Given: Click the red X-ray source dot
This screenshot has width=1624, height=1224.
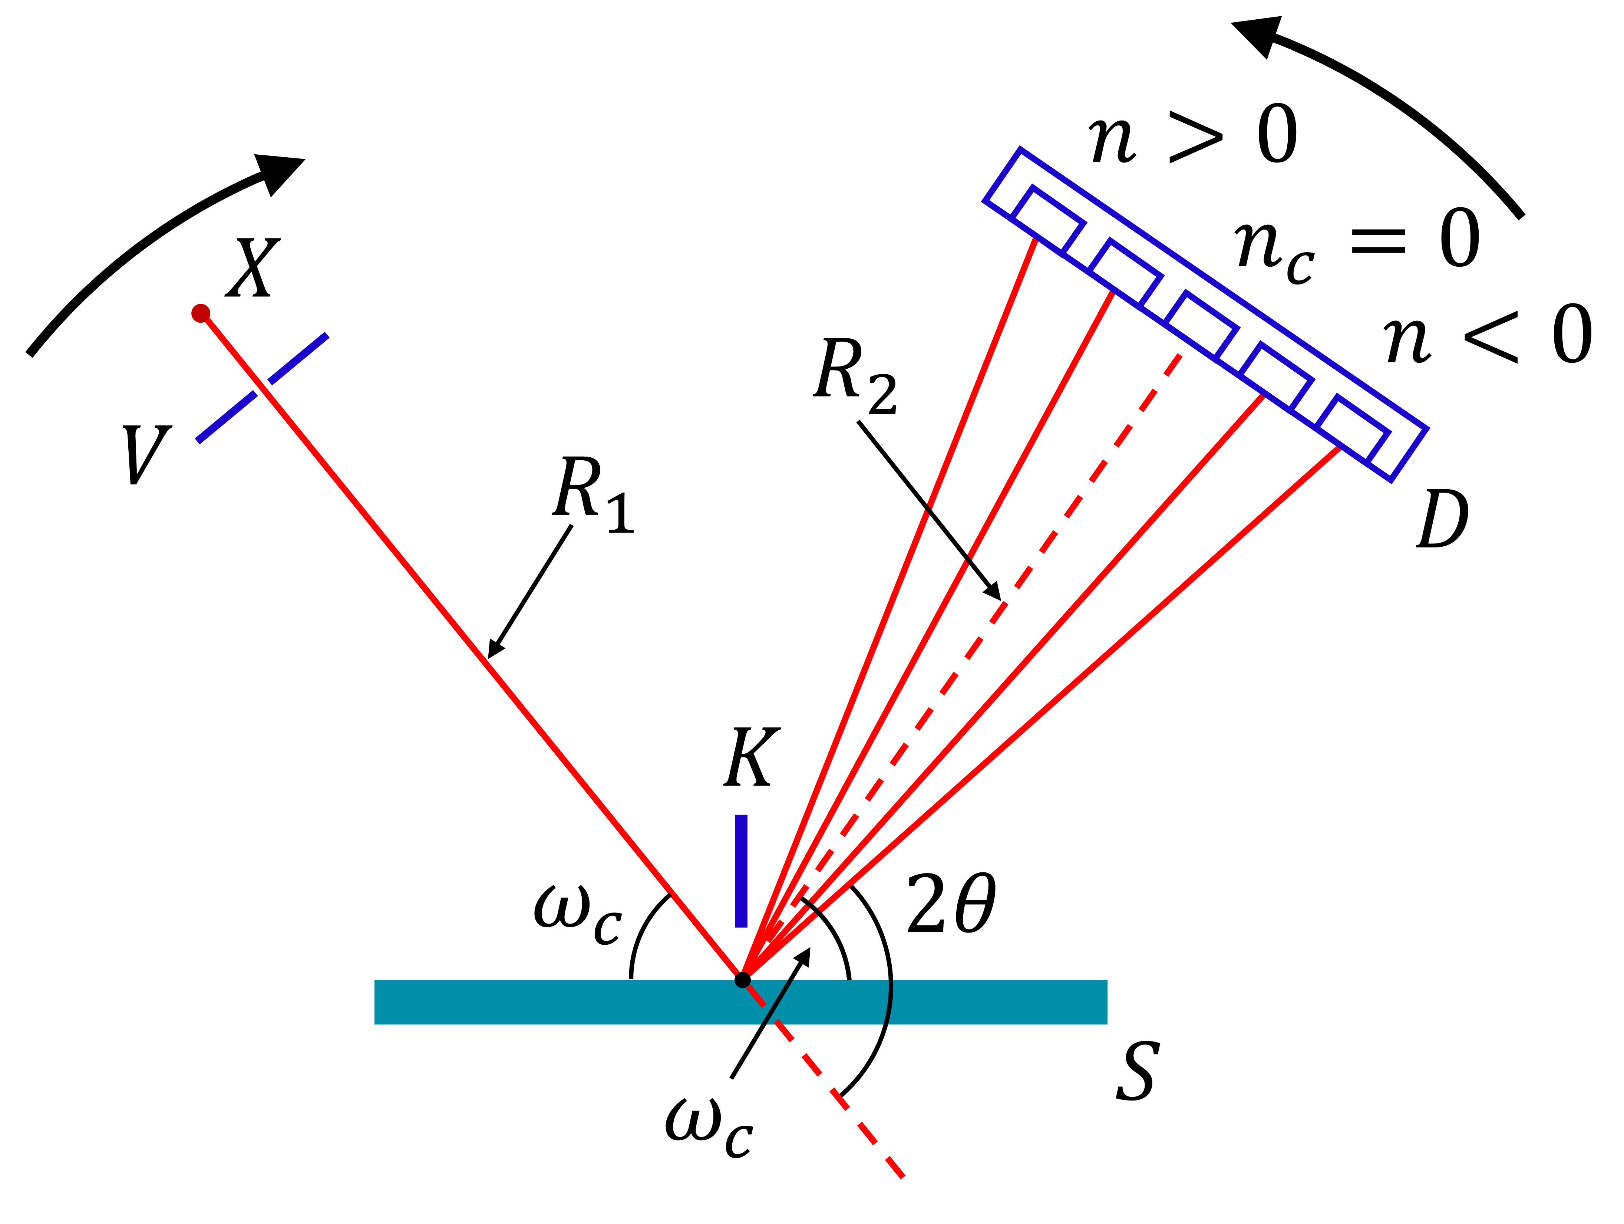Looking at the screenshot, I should click(201, 313).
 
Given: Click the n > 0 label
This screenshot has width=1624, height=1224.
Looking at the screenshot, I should click(1193, 136).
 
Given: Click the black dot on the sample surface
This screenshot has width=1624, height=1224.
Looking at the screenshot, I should click(742, 980).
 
